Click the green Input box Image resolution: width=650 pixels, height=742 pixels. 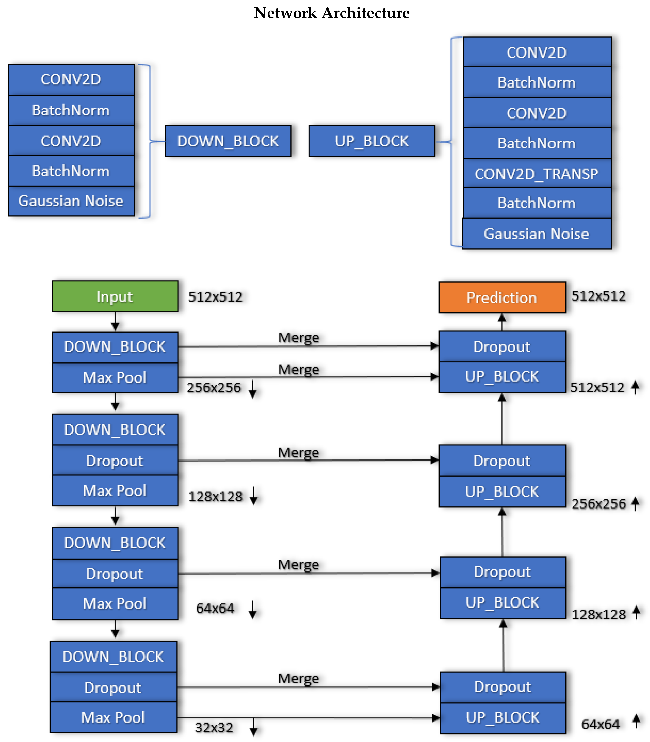tap(115, 297)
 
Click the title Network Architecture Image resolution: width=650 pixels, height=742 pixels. tap(332, 13)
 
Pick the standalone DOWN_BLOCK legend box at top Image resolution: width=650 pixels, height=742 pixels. tap(228, 141)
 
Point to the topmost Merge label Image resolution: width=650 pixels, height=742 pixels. tap(299, 337)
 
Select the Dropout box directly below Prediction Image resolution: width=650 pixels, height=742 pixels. tap(502, 347)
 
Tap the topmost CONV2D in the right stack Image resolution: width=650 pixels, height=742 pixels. tap(537, 52)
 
